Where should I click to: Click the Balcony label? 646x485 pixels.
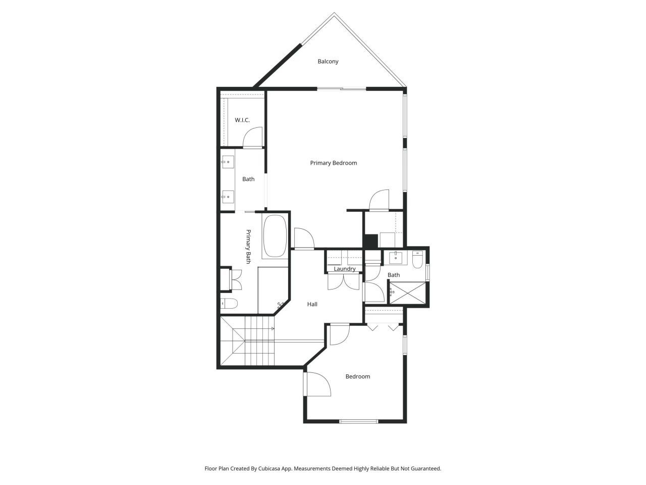(x=328, y=62)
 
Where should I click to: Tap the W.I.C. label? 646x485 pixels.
(x=242, y=120)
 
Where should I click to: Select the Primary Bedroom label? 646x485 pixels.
(x=334, y=163)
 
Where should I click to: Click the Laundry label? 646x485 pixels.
(x=345, y=269)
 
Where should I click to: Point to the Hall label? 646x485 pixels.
(x=312, y=305)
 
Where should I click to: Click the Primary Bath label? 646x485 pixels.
(x=248, y=247)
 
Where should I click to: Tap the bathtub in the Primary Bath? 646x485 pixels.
(x=275, y=236)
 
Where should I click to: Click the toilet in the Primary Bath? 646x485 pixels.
(x=229, y=304)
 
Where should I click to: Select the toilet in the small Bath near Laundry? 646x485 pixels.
(x=417, y=260)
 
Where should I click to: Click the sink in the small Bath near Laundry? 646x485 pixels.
(x=396, y=258)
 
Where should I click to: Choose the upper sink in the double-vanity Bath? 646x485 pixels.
(x=228, y=162)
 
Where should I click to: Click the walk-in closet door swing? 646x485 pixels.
(x=253, y=137)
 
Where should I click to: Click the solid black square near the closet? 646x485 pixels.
(x=371, y=241)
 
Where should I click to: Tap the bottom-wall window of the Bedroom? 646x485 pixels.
(x=358, y=421)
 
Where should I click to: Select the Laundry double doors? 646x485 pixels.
(x=344, y=281)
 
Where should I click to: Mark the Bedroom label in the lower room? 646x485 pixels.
(x=357, y=377)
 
